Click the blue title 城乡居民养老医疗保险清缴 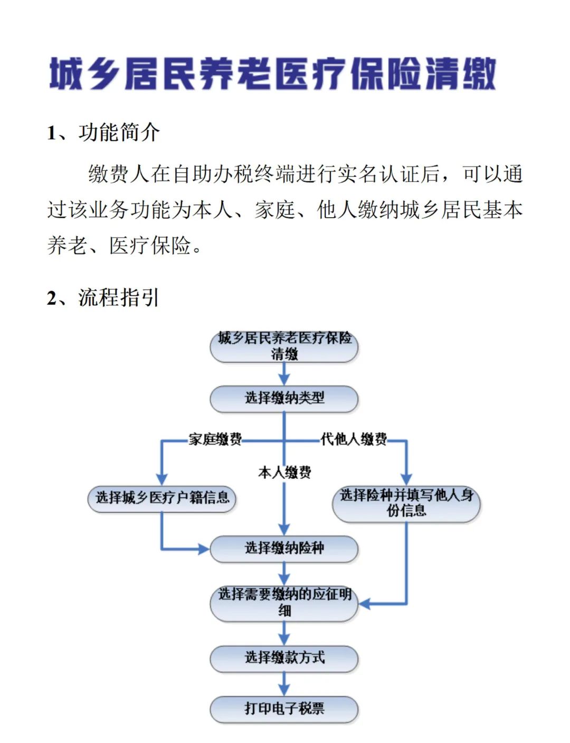(x=272, y=74)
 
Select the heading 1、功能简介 (x=103, y=133)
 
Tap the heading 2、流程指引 (x=103, y=297)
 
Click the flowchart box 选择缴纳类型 (x=283, y=398)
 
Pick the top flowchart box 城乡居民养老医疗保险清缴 (x=283, y=346)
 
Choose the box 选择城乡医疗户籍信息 (x=161, y=498)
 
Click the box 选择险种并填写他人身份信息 (x=406, y=504)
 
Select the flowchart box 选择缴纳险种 (x=283, y=548)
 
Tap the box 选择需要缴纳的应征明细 (x=283, y=603)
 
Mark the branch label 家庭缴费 (x=215, y=440)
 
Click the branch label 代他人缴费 (x=354, y=439)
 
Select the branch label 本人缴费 (x=284, y=473)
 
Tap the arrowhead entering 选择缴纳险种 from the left (x=204, y=549)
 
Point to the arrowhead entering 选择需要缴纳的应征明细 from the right (x=364, y=604)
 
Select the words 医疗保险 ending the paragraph (x=150, y=246)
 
